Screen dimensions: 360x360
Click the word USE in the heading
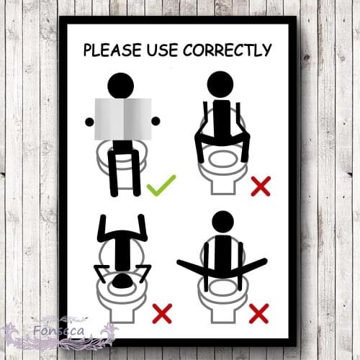161,50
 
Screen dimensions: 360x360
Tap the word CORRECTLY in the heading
229,50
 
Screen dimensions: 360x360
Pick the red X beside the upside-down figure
163,313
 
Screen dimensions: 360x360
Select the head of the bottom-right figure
223,222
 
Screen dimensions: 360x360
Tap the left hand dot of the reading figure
89,121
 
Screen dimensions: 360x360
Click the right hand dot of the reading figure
155,121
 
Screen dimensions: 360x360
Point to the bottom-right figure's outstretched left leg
189,265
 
